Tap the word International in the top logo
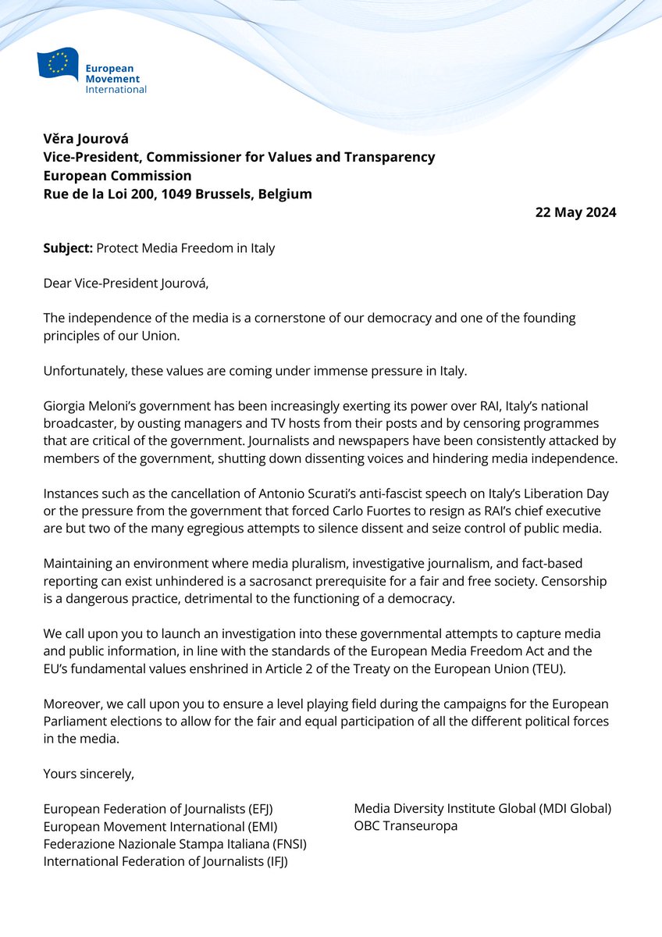[116, 89]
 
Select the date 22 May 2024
[575, 212]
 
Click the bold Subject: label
[67, 248]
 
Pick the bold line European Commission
[117, 176]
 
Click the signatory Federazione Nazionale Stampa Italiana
[157, 843]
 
